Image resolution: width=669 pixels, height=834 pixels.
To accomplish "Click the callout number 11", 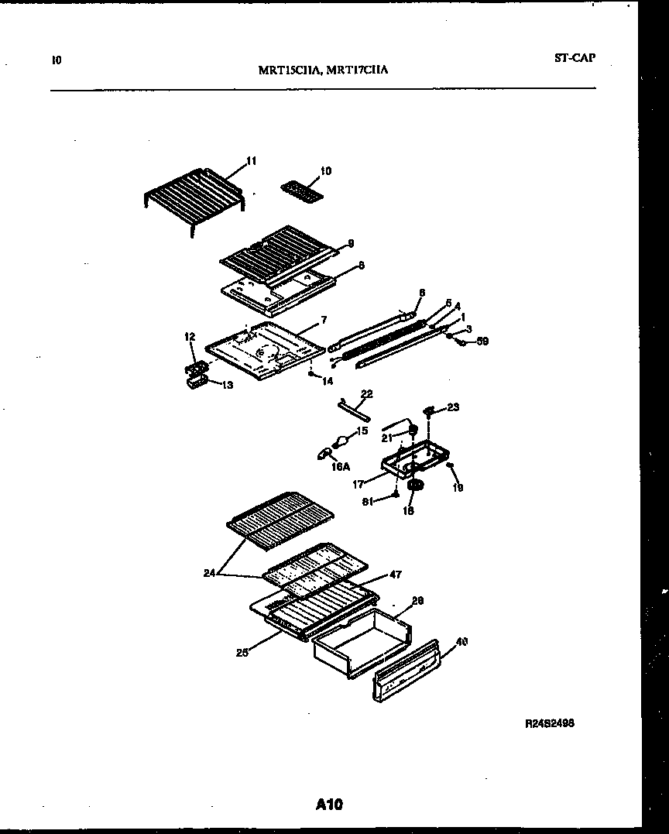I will (x=251, y=161).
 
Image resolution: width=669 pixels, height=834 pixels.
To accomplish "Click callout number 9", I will (x=350, y=243).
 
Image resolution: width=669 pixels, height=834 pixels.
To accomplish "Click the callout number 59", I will (x=483, y=341).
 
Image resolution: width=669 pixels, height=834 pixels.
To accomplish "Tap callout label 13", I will (x=227, y=385).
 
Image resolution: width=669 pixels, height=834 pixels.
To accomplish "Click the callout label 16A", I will (x=340, y=467).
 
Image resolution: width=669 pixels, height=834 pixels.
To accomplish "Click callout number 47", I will (x=395, y=575).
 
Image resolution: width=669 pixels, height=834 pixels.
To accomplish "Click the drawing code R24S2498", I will (x=549, y=722).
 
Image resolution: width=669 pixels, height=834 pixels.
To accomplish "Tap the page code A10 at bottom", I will (x=329, y=805).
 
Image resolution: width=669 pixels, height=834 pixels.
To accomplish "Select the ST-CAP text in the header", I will (x=575, y=57).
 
